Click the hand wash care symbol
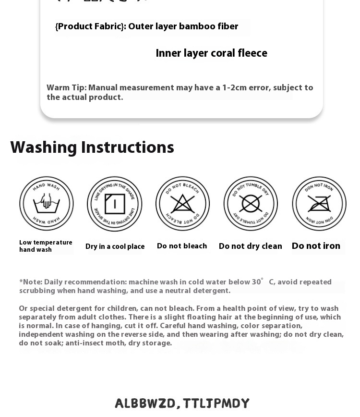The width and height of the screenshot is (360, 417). click(47, 203)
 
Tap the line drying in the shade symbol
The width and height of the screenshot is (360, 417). click(114, 204)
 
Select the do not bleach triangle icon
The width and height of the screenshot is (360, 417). click(182, 203)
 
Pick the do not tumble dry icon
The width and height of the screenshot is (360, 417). click(251, 203)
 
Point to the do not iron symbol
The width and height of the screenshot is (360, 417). click(319, 203)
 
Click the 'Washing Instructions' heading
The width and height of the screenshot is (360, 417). click(92, 147)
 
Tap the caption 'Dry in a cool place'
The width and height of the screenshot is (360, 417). click(115, 246)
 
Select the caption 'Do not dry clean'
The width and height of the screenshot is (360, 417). click(250, 246)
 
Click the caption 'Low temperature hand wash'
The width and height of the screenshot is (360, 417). click(46, 246)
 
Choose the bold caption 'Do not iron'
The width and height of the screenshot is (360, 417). click(316, 246)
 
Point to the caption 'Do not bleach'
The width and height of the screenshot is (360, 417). click(182, 246)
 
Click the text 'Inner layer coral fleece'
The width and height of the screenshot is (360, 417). click(211, 53)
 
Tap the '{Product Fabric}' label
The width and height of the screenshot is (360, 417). click(90, 26)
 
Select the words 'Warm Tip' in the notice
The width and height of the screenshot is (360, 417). click(66, 88)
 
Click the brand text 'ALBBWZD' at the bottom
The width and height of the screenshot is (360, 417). click(145, 404)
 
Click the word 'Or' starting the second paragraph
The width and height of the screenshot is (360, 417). click(24, 308)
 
